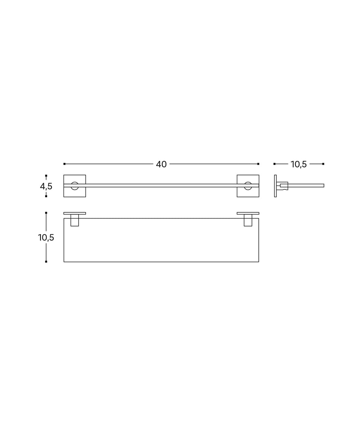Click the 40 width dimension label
coord(161,164)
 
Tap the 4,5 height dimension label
coord(46,186)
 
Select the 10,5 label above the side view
coord(298,164)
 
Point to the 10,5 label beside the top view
coord(46,237)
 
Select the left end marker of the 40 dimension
coord(64,164)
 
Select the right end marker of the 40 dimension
coord(258,164)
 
